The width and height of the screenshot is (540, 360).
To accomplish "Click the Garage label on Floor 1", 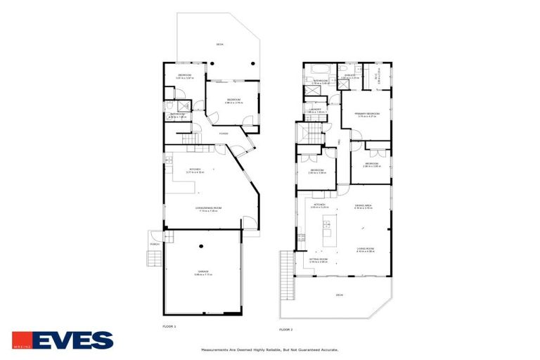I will pyautogui.click(x=202, y=272).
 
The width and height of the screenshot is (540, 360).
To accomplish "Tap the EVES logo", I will pyautogui.click(x=63, y=340).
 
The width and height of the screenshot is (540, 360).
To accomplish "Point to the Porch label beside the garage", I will pyautogui.click(x=154, y=244).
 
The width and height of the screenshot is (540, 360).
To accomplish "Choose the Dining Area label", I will pyautogui.click(x=363, y=206).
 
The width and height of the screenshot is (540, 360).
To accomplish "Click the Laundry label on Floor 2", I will pyautogui.click(x=316, y=110).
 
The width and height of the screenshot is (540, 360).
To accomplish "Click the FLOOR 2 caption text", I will pyautogui.click(x=285, y=329).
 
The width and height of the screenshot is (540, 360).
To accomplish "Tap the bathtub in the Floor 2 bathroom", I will pyautogui.click(x=314, y=70).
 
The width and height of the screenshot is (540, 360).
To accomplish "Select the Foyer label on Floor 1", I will pyautogui.click(x=224, y=133).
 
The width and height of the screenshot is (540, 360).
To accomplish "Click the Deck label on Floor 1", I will pyautogui.click(x=219, y=44).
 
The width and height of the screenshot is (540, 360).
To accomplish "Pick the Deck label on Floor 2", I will pyautogui.click(x=339, y=295).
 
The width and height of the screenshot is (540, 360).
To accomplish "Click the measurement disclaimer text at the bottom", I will pyautogui.click(x=270, y=349).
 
